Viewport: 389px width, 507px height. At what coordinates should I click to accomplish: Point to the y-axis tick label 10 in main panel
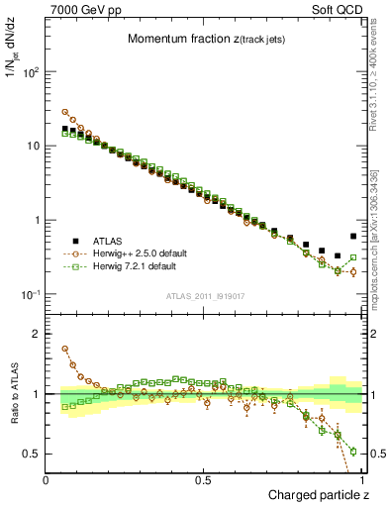pos(33,147)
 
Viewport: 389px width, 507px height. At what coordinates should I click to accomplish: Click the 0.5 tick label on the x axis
pos(204,480)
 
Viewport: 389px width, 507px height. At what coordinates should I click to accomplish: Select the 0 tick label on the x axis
pos(47,480)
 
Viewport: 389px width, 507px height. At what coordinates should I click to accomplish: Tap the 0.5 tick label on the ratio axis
pos(33,454)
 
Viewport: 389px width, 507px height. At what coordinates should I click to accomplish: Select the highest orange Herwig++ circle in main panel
pos(65,112)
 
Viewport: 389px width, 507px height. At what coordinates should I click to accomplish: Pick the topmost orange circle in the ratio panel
pos(65,349)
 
